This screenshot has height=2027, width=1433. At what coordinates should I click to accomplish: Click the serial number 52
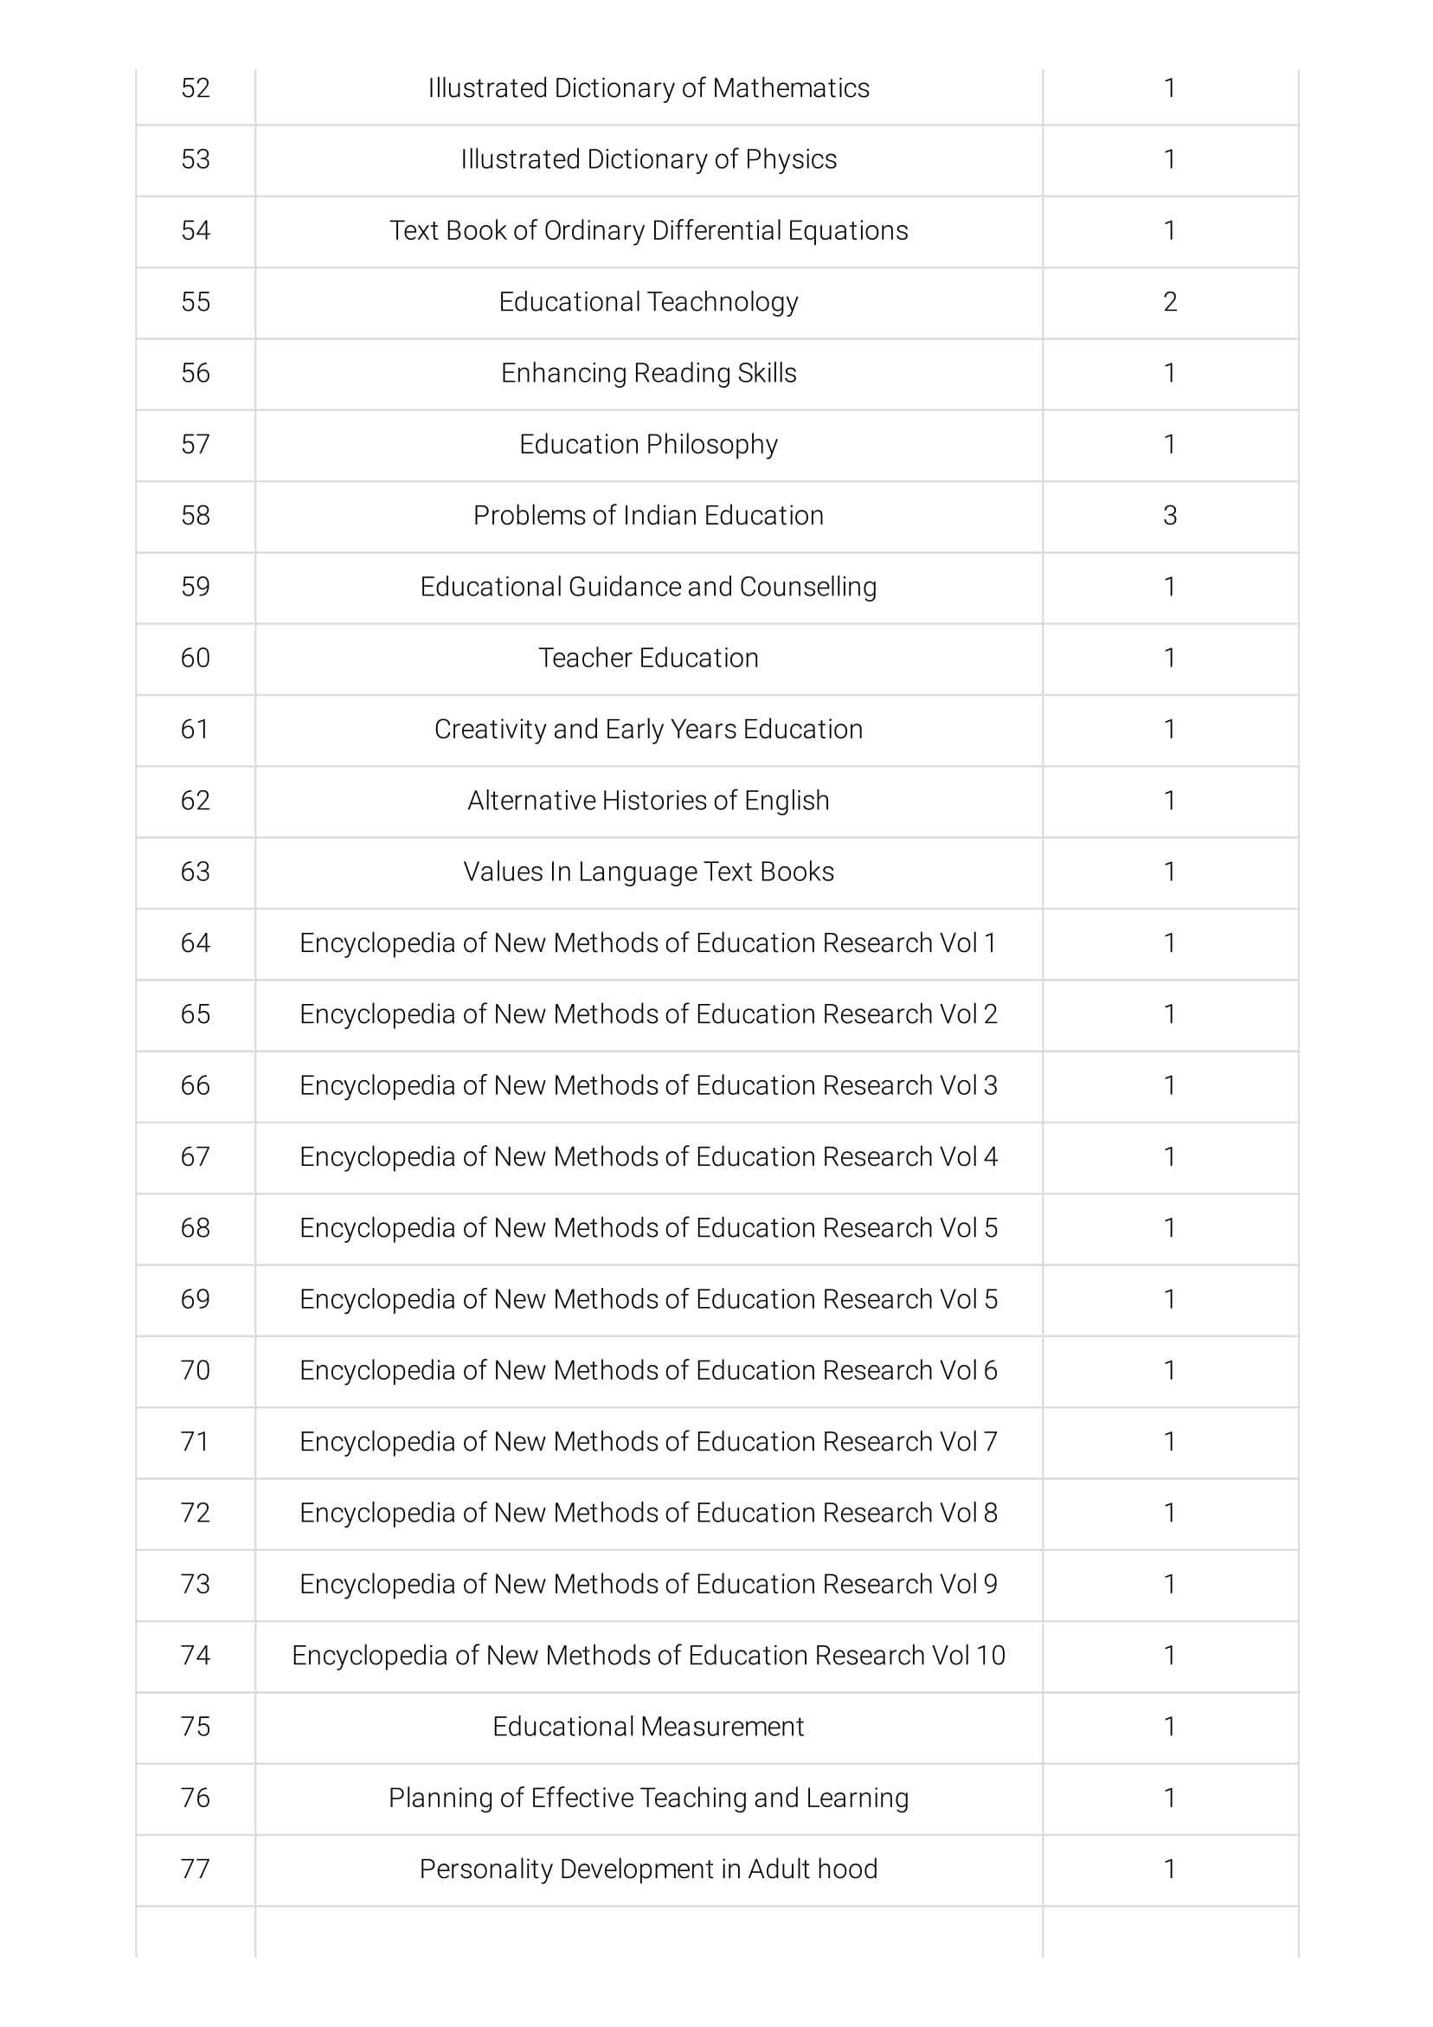195,88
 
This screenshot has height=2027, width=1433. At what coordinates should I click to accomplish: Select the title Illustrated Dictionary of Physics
648,160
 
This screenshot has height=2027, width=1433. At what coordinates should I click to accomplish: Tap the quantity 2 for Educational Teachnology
1169,302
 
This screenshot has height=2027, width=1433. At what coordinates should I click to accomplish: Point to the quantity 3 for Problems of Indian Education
1169,516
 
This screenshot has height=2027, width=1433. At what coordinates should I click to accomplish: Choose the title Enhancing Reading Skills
648,373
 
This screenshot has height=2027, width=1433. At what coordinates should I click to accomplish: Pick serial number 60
195,659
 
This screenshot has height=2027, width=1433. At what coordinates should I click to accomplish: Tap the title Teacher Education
648,659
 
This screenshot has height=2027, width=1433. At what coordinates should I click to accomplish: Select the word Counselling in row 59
808,587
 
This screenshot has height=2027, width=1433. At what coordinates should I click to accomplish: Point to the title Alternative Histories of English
648,801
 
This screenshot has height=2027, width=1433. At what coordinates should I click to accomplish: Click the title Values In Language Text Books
648,872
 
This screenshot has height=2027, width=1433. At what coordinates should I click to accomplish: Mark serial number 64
195,943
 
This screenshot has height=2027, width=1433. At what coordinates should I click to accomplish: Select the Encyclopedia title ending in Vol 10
648,1656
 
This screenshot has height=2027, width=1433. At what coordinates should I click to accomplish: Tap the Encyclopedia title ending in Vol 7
648,1442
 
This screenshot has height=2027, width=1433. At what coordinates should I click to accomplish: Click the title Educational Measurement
648,1727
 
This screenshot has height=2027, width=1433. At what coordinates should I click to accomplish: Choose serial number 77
195,1869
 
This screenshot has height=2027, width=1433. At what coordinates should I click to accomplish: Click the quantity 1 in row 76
1169,1799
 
